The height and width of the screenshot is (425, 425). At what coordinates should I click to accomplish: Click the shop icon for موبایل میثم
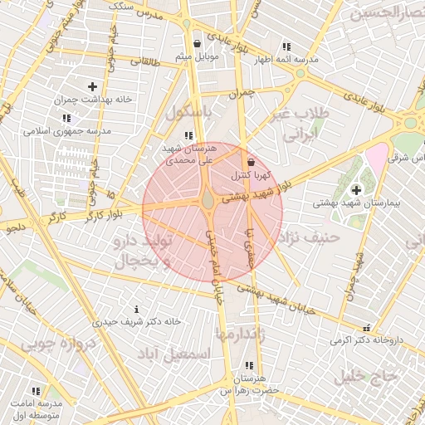pyautogui.click(x=197, y=45)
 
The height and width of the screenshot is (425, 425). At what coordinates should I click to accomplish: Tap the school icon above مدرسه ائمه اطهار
pyautogui.click(x=286, y=47)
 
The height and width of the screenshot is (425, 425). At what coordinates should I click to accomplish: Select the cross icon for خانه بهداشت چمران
pyautogui.click(x=92, y=86)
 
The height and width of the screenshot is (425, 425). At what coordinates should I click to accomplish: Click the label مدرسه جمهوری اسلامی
pyautogui.click(x=67, y=131)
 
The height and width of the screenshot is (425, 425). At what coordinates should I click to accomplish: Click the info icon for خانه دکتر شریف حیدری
pyautogui.click(x=125, y=309)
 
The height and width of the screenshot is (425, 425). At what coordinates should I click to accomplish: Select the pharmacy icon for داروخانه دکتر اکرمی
pyautogui.click(x=367, y=328)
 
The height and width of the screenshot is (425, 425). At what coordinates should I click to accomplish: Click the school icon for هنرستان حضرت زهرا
pyautogui.click(x=249, y=366)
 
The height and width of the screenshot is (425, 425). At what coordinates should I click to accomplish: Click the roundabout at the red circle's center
pyautogui.click(x=208, y=202)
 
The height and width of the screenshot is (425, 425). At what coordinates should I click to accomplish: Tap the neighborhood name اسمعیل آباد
pyautogui.click(x=173, y=354)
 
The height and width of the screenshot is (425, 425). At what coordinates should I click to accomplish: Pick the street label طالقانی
pyautogui.click(x=143, y=61)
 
